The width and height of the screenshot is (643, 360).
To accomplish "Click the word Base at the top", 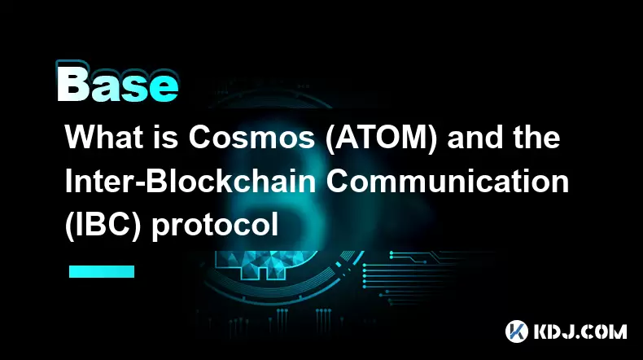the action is (x=118, y=83).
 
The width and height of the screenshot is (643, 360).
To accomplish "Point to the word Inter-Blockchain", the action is (x=190, y=182).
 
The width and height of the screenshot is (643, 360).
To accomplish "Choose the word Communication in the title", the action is (x=448, y=182).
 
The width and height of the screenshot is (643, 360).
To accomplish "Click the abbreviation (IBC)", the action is (x=103, y=225).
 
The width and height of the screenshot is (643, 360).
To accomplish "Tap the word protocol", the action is (x=216, y=226).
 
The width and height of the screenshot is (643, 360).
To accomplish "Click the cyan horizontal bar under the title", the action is (x=102, y=271).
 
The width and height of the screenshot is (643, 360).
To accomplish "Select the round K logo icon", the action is (x=517, y=331).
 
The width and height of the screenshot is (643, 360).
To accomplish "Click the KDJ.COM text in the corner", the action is (x=580, y=331).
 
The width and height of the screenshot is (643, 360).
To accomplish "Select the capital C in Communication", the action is (x=339, y=182).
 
